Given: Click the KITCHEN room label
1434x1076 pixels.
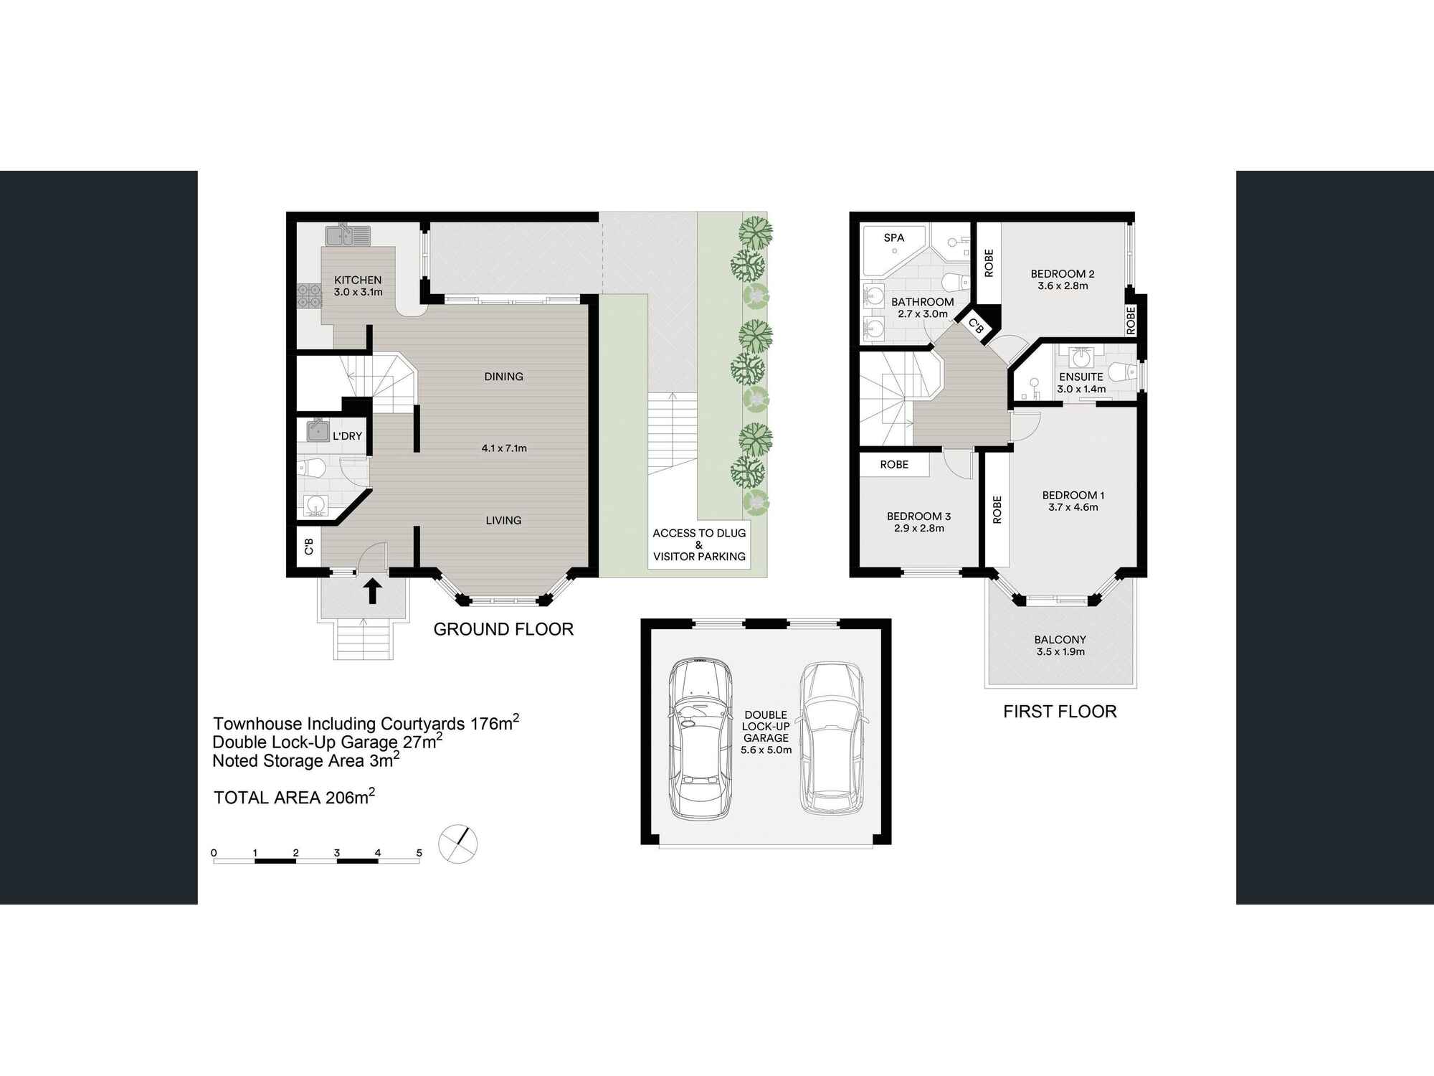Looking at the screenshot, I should [x=358, y=280].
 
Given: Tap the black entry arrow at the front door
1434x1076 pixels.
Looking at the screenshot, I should [x=373, y=592].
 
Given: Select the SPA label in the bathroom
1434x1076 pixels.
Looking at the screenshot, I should [x=893, y=238].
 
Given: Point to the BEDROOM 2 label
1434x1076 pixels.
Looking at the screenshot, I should [x=1062, y=274].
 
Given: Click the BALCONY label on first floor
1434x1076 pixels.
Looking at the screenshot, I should [x=1060, y=640].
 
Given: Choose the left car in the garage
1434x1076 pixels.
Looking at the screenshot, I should [x=701, y=739].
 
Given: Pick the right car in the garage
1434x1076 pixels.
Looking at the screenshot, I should [x=832, y=739].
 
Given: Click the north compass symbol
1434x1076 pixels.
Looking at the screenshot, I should [x=457, y=843].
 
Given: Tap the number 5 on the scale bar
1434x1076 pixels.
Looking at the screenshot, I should [x=419, y=853].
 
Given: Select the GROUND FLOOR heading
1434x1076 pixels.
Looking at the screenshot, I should [x=503, y=629].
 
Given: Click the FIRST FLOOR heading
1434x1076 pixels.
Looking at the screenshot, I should [x=1060, y=712].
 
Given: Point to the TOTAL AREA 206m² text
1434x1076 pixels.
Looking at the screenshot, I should [x=294, y=797].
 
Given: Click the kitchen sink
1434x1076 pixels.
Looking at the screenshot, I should [x=348, y=235].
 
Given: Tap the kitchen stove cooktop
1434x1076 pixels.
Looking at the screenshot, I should [x=308, y=296].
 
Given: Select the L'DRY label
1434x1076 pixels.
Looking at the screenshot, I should [x=347, y=436].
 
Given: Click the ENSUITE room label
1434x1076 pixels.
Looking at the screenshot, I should [x=1081, y=377].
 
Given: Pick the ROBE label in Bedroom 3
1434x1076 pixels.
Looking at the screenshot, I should [x=894, y=465].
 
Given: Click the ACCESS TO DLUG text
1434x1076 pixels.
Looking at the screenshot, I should [x=699, y=533].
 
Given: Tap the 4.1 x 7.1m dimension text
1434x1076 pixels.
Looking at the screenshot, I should [x=504, y=448].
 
